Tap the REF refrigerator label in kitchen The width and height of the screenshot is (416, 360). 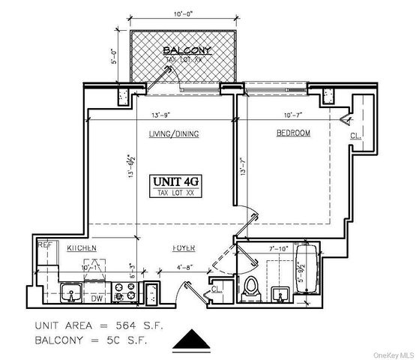coord(46,244)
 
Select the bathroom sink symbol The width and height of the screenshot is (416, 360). coord(281,293)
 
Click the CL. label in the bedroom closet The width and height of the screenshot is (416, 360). coord(355,136)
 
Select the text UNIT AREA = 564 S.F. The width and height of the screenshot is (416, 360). coord(99,327)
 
